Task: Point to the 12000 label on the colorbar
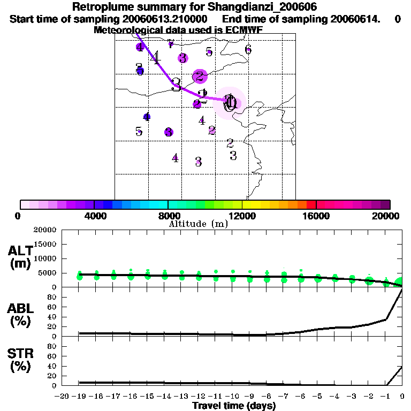click(x=242, y=216)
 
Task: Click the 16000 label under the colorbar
click(x=316, y=216)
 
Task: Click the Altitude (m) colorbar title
click(x=199, y=224)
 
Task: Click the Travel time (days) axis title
click(x=234, y=406)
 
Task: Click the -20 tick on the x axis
click(x=63, y=396)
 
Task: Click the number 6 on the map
click(x=248, y=50)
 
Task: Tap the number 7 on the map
click(x=170, y=44)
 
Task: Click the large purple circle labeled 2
click(x=200, y=76)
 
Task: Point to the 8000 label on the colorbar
click(x=168, y=216)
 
